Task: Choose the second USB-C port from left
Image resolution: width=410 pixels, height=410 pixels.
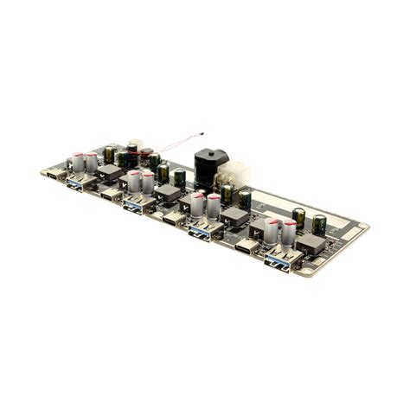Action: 111,195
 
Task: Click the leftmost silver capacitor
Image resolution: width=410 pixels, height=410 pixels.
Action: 79,162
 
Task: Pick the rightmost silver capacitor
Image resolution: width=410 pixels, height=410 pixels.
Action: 289,233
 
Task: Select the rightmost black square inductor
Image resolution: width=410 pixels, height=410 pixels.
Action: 310,245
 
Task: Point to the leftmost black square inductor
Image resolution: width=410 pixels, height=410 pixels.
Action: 110,172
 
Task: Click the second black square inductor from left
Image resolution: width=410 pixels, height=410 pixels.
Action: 169,194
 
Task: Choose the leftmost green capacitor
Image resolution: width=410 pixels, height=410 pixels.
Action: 109,154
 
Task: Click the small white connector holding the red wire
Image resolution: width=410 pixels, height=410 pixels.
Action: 134,146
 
